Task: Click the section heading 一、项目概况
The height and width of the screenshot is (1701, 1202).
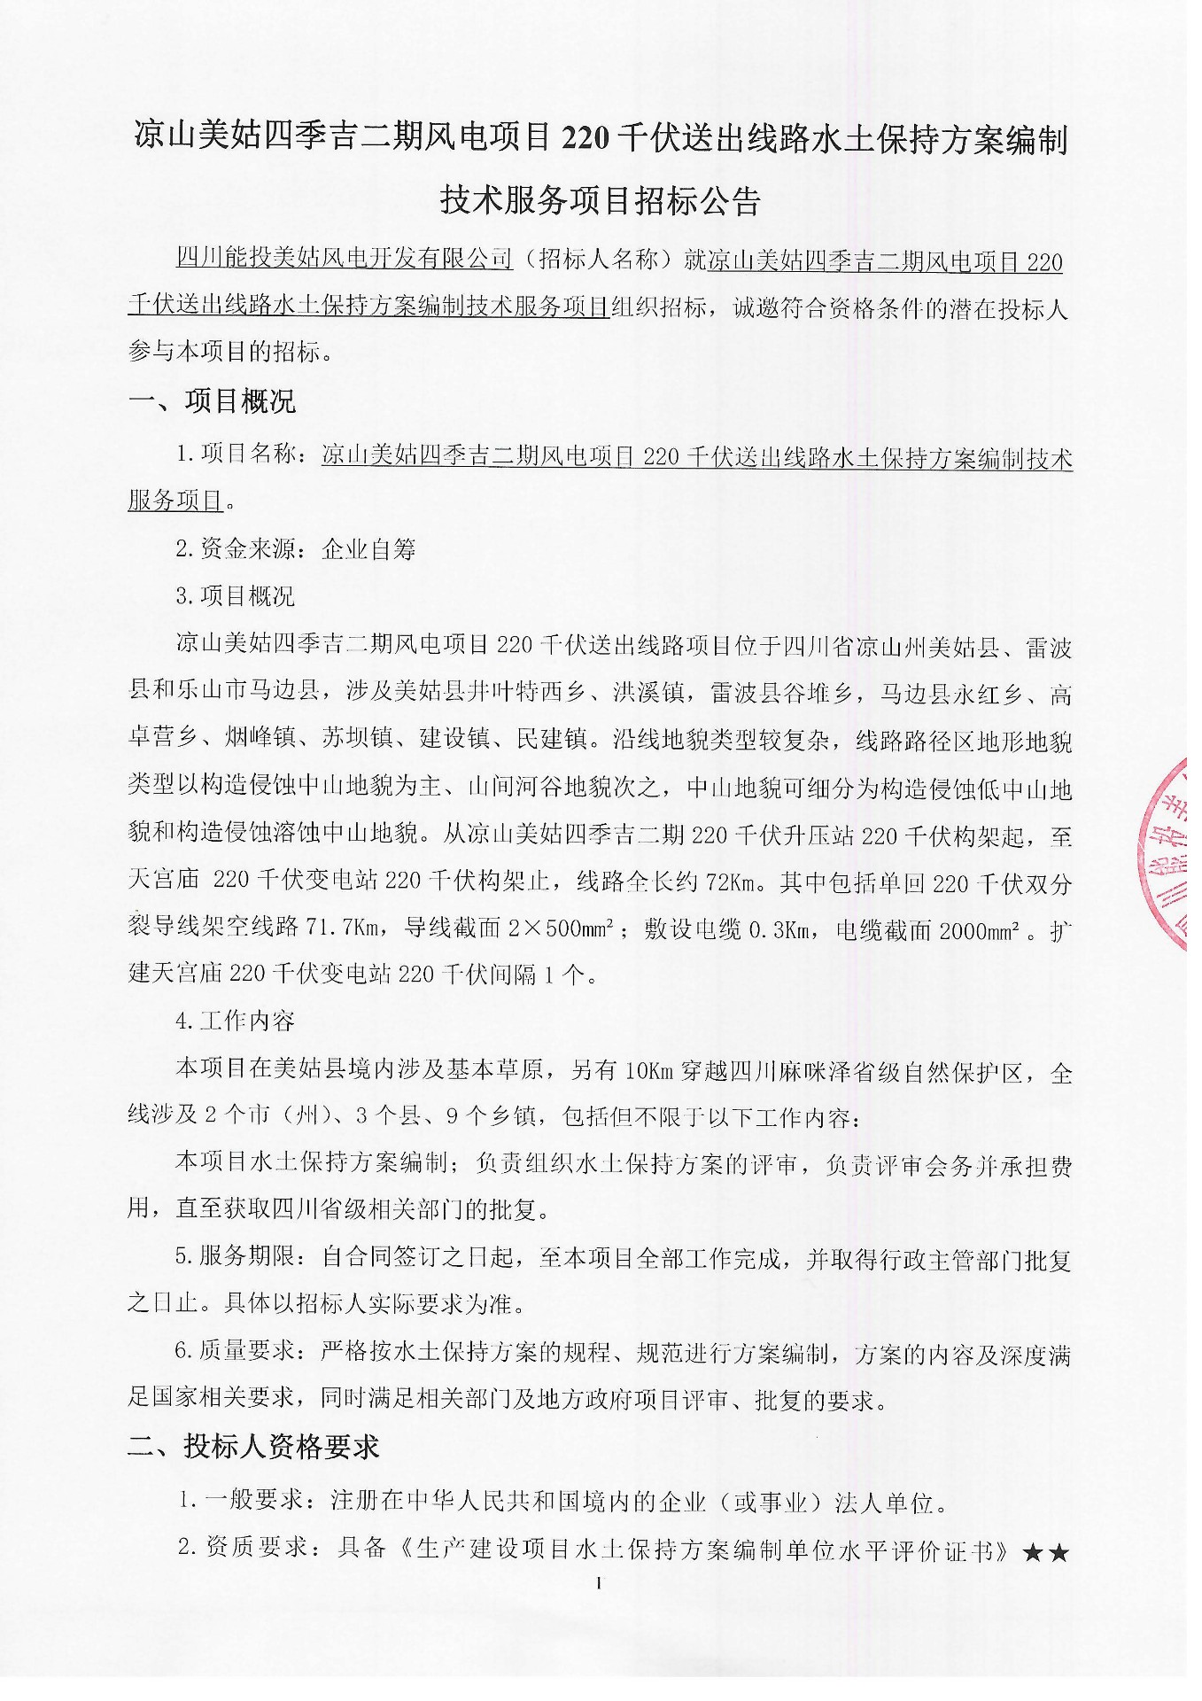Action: [212, 401]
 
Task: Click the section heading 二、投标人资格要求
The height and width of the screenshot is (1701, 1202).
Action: [253, 1447]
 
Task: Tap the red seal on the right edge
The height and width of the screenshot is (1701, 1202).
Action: [1168, 852]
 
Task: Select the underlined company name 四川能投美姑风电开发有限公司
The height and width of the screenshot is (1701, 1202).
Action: [345, 260]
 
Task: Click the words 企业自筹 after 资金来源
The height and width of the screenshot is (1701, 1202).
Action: [368, 549]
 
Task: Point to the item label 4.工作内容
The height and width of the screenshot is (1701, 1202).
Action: [235, 1021]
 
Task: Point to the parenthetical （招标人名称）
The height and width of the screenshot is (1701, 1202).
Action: [599, 260]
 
